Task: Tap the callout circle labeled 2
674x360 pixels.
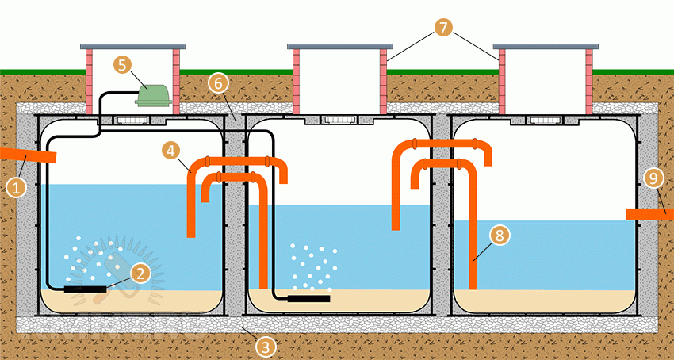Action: point(140,274)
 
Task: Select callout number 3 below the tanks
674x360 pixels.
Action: point(267,345)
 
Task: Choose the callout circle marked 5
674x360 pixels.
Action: point(121,64)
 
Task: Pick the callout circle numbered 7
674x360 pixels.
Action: point(442,29)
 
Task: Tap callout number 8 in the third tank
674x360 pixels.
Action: point(498,235)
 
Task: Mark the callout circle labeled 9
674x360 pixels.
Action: point(653,179)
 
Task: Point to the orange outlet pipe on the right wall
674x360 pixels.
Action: point(649,214)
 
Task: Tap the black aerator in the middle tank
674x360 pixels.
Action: point(308,299)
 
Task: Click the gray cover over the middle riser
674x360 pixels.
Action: point(339,45)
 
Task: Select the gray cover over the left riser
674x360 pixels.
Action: point(133,45)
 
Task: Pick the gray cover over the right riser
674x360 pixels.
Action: point(545,45)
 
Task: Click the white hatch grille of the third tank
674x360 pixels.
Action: point(545,121)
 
